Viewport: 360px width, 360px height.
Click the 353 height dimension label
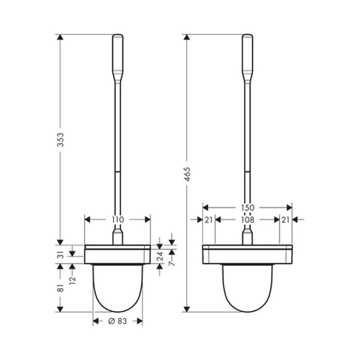pos(61,140)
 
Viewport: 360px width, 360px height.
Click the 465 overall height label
pos(187,174)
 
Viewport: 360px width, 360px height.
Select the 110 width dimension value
pos(118,220)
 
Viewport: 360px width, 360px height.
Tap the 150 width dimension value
pos(248,207)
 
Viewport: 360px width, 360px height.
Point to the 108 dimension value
pos(248,220)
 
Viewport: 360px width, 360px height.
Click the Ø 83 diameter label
pos(117,321)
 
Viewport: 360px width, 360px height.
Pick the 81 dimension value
pos(61,288)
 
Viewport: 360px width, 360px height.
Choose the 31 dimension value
pos(61,255)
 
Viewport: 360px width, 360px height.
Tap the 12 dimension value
pos(73,280)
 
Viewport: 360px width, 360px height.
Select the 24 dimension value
pos(160,256)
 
